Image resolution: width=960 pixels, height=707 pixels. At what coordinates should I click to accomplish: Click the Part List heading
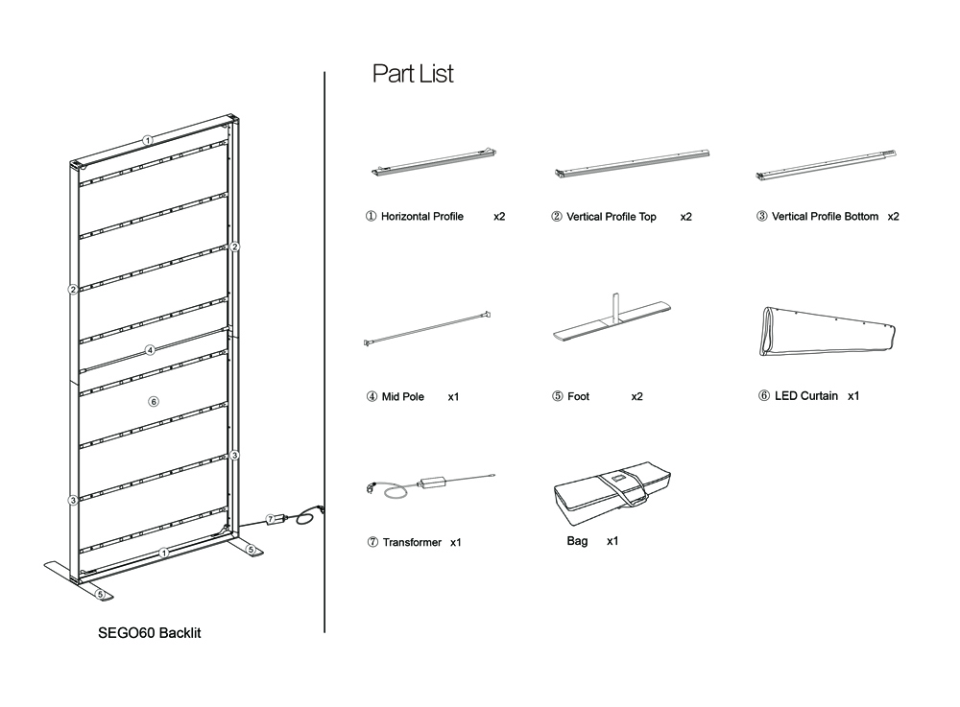(413, 74)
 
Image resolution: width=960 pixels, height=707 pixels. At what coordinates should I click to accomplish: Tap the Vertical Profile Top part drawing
(632, 163)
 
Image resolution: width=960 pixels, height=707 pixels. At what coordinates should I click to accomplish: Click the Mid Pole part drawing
(428, 328)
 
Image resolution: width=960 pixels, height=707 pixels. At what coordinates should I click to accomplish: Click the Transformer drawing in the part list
(430, 483)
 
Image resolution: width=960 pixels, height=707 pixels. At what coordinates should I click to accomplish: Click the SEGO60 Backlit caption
(150, 633)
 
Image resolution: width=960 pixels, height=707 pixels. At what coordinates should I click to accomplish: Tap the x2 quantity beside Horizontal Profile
(499, 217)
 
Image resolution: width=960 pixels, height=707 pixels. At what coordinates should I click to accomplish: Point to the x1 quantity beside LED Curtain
(853, 395)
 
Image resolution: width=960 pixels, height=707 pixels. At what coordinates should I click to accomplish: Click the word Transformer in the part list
(412, 542)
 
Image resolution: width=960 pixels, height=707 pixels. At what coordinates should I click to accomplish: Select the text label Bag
(577, 541)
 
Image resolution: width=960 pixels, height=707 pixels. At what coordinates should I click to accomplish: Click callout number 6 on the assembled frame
(153, 401)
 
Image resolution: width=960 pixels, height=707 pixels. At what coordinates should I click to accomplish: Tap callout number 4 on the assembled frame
(151, 350)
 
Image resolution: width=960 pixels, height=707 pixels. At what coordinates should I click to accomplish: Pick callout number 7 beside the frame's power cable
(271, 519)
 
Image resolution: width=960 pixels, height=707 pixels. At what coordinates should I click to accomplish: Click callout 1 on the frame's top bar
(148, 140)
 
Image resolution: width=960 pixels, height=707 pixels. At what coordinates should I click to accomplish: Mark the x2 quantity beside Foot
(636, 396)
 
